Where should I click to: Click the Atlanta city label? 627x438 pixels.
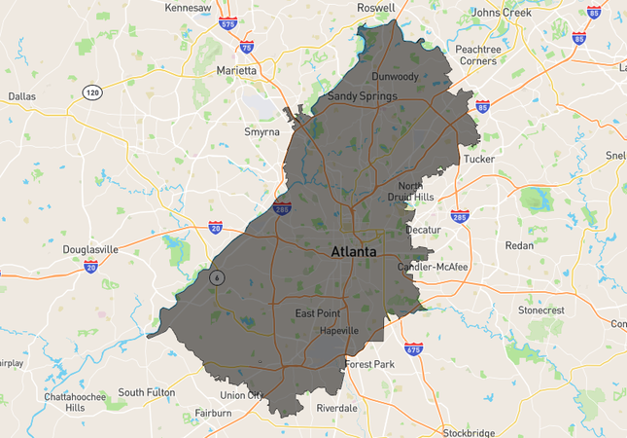pyautogui.click(x=354, y=251)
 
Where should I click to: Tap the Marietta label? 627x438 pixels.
pyautogui.click(x=236, y=71)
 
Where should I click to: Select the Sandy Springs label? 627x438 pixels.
pyautogui.click(x=362, y=96)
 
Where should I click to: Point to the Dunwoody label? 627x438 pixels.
pyautogui.click(x=395, y=76)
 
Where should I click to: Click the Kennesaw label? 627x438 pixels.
pyautogui.click(x=188, y=8)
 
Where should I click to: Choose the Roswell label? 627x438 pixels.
pyautogui.click(x=375, y=8)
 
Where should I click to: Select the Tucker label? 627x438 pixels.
pyautogui.click(x=479, y=159)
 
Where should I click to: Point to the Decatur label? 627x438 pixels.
pyautogui.click(x=423, y=231)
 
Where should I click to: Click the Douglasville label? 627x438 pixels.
pyautogui.click(x=90, y=249)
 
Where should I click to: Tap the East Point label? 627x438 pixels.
pyautogui.click(x=318, y=313)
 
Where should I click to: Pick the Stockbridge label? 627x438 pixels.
pyautogui.click(x=469, y=431)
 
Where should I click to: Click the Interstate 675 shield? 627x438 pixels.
pyautogui.click(x=413, y=348)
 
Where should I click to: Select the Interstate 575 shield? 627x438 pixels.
pyautogui.click(x=227, y=22)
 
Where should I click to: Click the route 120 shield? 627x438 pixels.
pyautogui.click(x=91, y=92)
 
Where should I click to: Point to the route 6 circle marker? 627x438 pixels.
pyautogui.click(x=216, y=277)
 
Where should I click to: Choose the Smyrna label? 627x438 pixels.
pyautogui.click(x=262, y=131)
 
